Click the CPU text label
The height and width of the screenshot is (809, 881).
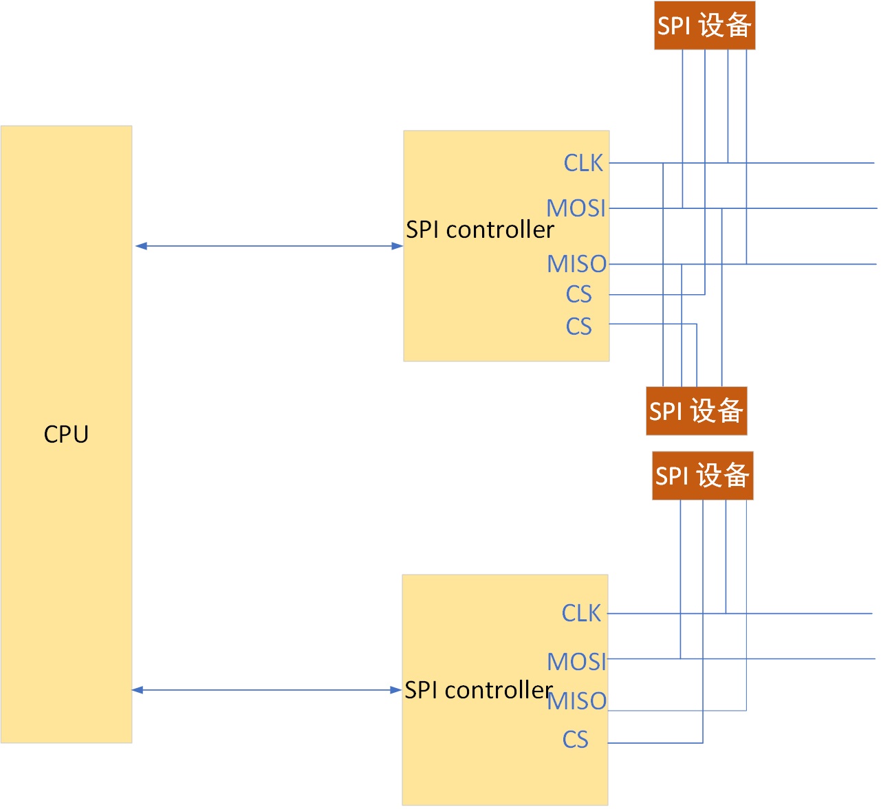coord(66,434)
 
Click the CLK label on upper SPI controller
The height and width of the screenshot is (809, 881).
coord(583,163)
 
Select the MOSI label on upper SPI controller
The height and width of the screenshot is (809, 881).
coord(576,208)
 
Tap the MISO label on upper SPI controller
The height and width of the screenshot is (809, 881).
coord(576,264)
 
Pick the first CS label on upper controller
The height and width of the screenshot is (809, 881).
coord(578,294)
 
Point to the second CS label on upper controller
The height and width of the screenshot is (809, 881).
coord(578,326)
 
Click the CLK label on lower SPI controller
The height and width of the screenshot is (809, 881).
coord(581,613)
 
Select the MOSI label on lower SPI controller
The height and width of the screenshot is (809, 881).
coord(576,661)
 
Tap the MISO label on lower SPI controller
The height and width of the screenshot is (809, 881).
coord(577,701)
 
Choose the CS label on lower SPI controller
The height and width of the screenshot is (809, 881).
coord(575,740)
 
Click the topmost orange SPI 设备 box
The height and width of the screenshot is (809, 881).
coord(704,25)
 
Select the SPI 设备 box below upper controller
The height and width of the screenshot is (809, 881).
coord(696,411)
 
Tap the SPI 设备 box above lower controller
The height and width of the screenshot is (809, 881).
coord(702,476)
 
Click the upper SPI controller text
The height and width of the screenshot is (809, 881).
coord(479,230)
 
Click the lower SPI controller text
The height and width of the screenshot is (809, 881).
coord(478,689)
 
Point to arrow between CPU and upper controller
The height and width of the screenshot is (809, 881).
coord(268,245)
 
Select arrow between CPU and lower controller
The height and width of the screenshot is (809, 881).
coord(267,689)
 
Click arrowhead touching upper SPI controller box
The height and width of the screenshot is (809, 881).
coord(398,245)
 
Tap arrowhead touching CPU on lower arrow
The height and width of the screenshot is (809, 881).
coord(138,689)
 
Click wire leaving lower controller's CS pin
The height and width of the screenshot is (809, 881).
coord(653,743)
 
